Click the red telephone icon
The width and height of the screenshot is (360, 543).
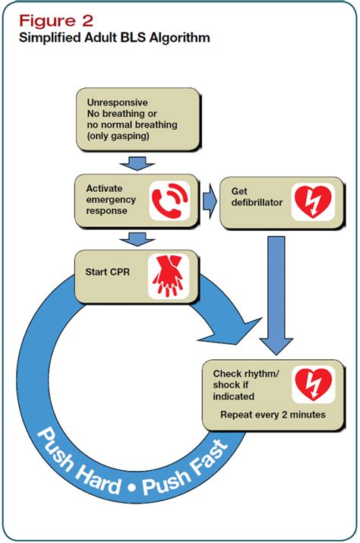(x=168, y=200)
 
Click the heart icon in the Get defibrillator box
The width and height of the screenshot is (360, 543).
(x=311, y=200)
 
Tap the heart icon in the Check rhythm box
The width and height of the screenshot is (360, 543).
(x=311, y=384)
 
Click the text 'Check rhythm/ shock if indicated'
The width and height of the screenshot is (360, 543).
(x=240, y=384)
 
